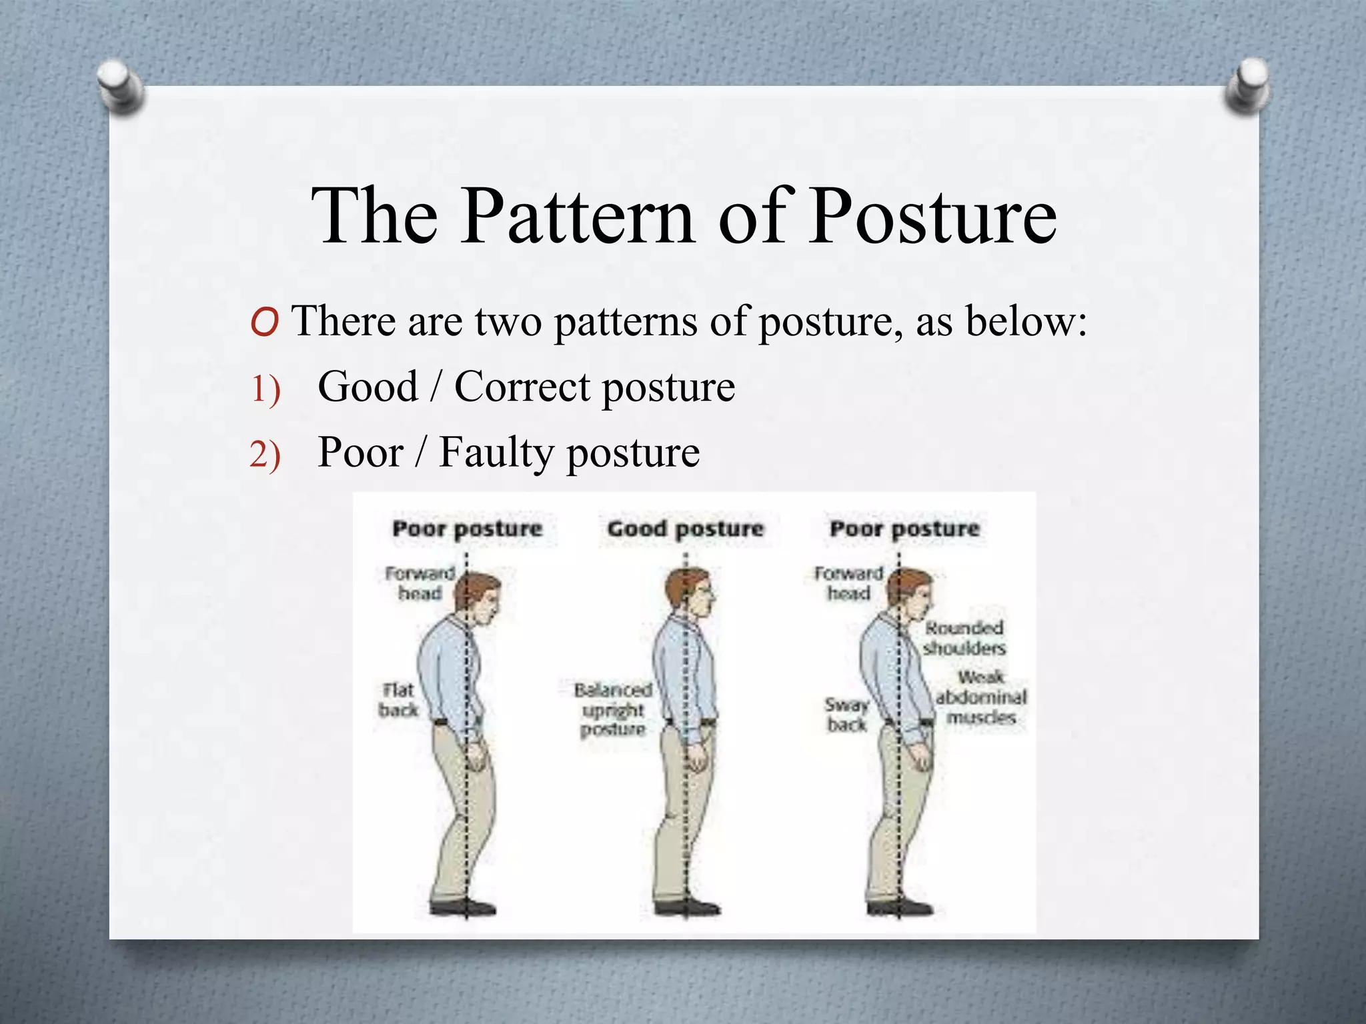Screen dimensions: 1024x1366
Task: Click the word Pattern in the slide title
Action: tap(577, 217)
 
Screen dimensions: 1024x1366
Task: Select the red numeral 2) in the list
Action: tap(265, 455)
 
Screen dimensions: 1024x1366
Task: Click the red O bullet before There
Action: tap(265, 323)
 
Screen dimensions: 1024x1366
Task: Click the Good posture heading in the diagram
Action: tap(685, 529)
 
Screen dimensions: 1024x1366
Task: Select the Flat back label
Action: tap(398, 700)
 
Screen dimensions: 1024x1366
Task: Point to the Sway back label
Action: tap(846, 714)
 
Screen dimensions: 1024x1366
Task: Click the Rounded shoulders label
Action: tap(964, 638)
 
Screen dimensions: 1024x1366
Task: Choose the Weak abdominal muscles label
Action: tap(980, 697)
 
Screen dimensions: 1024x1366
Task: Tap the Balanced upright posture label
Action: tap(613, 709)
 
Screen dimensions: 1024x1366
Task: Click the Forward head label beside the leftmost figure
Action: tap(420, 583)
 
